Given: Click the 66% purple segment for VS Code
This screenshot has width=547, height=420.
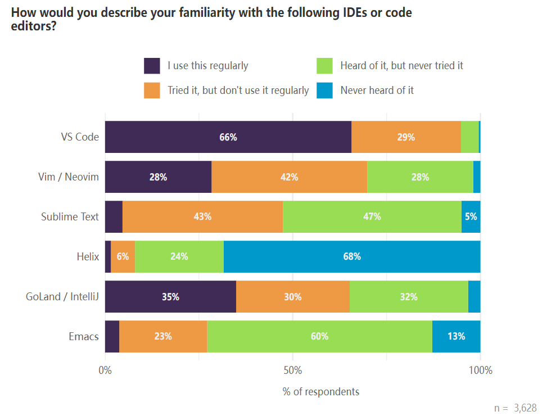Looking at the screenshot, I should (x=228, y=137).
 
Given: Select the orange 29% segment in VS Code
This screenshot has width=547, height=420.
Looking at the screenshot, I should (x=406, y=137).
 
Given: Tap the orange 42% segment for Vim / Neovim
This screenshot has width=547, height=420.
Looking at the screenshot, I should (x=289, y=177).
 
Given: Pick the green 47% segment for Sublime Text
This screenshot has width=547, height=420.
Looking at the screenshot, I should (x=372, y=216).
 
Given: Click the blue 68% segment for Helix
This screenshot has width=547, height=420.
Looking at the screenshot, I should (x=352, y=256).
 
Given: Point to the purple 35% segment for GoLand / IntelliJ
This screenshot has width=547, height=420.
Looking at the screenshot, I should (x=170, y=297).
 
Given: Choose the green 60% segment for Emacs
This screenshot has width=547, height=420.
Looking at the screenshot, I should (x=319, y=337).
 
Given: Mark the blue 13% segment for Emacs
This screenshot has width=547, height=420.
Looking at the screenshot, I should (x=456, y=337).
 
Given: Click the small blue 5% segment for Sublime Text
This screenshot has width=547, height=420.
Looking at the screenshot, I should (x=471, y=216).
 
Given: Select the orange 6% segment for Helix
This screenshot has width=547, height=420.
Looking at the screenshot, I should (x=123, y=256).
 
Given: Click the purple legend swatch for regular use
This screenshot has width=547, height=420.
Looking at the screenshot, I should (x=152, y=66).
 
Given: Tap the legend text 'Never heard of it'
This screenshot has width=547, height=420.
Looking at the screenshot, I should (x=377, y=90).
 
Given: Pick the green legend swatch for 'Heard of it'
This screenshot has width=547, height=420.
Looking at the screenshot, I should (x=325, y=66).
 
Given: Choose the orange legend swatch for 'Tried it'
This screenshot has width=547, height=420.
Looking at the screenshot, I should (x=152, y=90).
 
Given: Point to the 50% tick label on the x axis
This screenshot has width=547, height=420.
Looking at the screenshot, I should (x=293, y=371).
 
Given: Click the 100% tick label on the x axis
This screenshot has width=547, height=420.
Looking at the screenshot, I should (x=480, y=371).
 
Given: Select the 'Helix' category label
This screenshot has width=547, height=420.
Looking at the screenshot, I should (x=88, y=257).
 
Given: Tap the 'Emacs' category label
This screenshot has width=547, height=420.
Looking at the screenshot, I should (x=84, y=337).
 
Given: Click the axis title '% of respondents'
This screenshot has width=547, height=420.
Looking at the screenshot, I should (x=320, y=391).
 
